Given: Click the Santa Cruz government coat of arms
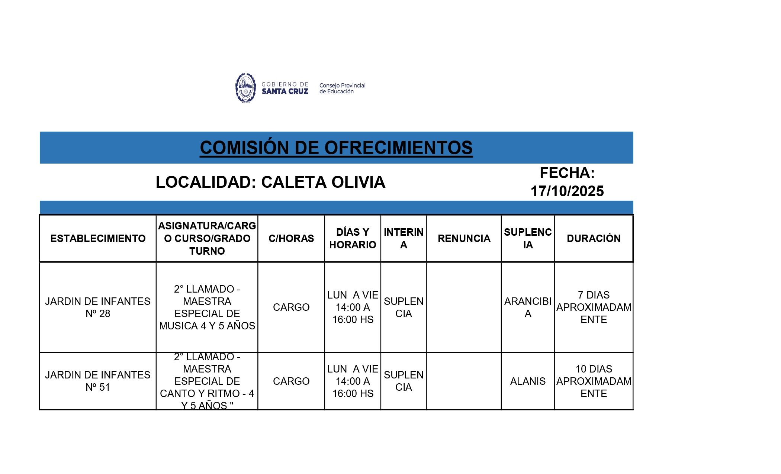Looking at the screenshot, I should (245, 88).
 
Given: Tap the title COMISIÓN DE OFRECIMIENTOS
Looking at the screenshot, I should (336, 148).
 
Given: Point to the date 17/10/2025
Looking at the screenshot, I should (567, 191).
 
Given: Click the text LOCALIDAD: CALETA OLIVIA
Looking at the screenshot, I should (270, 182).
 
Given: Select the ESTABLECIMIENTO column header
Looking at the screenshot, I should (98, 238).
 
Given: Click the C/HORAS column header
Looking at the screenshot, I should (291, 238).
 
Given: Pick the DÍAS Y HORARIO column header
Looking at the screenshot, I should (353, 238).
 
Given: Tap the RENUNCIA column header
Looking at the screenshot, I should (464, 238).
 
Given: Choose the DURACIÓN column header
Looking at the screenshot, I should (594, 238).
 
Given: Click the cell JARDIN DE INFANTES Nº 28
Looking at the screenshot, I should (98, 307).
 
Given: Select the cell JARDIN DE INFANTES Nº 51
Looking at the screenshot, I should (98, 381).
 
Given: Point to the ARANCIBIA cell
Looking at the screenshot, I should (528, 307).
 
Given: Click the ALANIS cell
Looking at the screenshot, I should (528, 381).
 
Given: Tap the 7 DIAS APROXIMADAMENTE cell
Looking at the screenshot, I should (594, 307).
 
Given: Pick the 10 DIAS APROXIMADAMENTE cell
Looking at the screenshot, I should (594, 381).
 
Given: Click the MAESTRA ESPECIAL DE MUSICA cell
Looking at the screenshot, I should (207, 307).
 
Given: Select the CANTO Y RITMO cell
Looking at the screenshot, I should (207, 381).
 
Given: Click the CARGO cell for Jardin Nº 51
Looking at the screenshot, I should (291, 381).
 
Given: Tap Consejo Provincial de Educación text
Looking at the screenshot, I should (342, 88).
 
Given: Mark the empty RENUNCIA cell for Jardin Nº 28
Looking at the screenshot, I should (464, 307).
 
